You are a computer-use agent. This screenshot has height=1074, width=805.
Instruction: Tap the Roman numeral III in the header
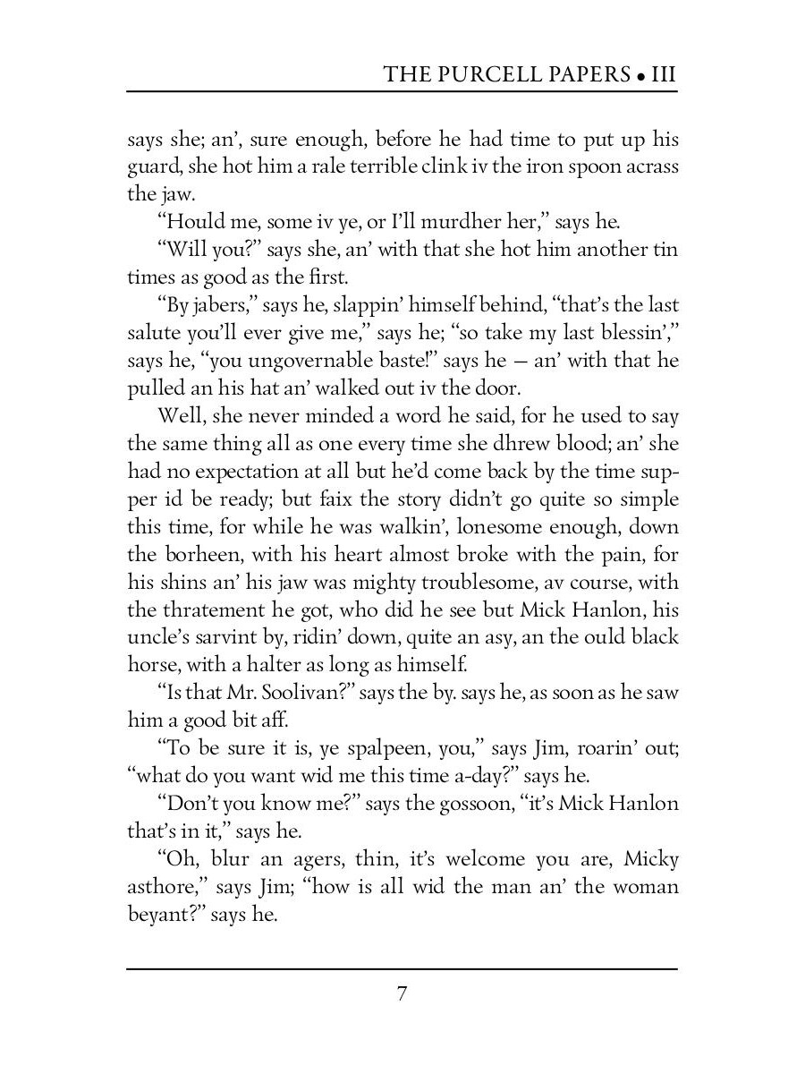tap(663, 74)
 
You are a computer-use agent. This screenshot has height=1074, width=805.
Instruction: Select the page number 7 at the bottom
tap(402, 994)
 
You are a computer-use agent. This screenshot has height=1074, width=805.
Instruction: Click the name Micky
tap(650, 859)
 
